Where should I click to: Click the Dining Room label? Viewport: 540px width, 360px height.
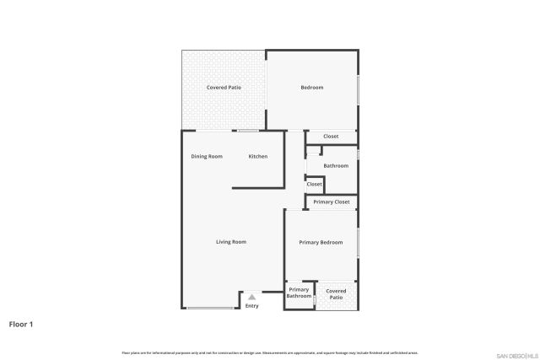(x=207, y=157)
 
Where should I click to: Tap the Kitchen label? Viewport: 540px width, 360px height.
(x=258, y=157)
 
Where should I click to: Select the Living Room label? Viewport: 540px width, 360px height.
(x=231, y=242)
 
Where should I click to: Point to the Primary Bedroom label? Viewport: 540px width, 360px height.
(x=321, y=243)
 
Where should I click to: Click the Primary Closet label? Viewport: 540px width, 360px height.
(x=332, y=202)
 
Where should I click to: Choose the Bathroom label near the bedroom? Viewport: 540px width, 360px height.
(x=336, y=166)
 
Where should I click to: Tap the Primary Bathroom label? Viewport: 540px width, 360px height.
(x=300, y=293)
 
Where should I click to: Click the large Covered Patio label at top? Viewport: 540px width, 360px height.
(x=224, y=88)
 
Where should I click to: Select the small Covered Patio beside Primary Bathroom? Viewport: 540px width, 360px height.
(x=336, y=293)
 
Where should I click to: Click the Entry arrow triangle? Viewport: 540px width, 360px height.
(x=251, y=297)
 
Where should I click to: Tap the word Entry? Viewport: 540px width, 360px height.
(x=251, y=305)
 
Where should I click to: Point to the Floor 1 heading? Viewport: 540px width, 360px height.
(x=21, y=324)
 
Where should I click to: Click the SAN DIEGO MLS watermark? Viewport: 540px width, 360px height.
(x=510, y=354)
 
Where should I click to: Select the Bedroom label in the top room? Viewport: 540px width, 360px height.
(x=312, y=88)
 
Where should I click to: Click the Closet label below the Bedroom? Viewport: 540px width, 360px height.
(x=332, y=137)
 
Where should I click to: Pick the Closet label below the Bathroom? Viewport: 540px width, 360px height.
(x=315, y=184)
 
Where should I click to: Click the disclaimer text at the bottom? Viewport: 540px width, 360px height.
(x=269, y=352)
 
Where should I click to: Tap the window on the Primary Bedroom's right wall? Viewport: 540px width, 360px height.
(x=358, y=242)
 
